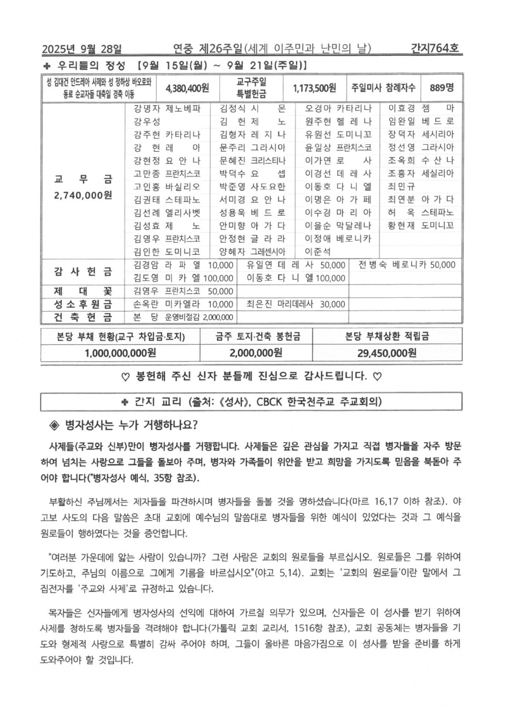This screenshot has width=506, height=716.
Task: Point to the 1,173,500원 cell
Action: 314,87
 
